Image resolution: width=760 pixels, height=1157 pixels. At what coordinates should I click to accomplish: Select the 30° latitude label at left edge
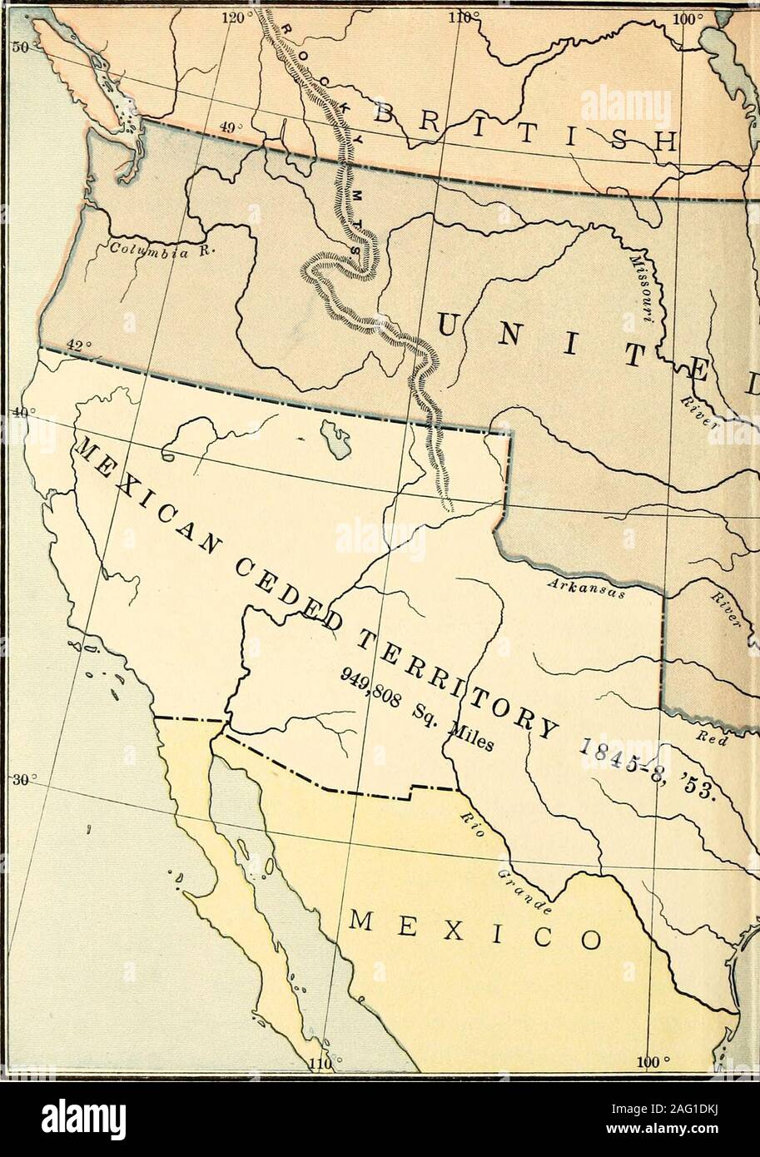(17, 780)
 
